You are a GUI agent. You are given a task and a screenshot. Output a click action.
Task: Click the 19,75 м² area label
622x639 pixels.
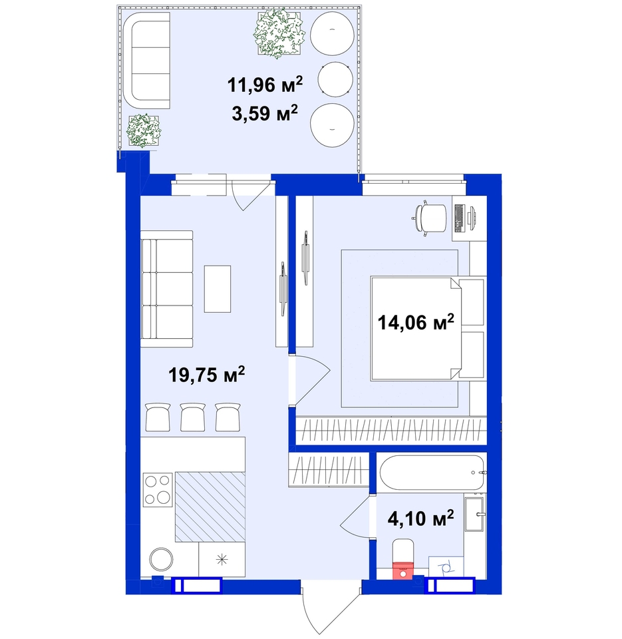[206, 375]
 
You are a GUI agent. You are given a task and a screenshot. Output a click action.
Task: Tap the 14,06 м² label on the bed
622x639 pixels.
[416, 322]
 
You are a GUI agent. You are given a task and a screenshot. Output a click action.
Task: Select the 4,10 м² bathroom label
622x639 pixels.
[421, 519]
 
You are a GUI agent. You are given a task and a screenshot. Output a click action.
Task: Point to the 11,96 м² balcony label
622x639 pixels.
[265, 85]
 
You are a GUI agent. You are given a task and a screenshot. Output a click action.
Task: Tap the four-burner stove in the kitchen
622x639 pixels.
[158, 489]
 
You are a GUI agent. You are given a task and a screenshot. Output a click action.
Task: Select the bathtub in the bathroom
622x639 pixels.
[432, 473]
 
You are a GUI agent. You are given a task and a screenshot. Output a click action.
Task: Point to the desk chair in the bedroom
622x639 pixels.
[429, 216]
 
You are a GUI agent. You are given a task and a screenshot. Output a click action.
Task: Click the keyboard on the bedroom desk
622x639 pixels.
[460, 218]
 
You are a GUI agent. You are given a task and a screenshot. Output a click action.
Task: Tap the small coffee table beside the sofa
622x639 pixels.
[218, 289]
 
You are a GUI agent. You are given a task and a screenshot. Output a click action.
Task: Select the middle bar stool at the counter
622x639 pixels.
[193, 417]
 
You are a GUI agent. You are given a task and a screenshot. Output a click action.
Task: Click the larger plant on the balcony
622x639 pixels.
[280, 33]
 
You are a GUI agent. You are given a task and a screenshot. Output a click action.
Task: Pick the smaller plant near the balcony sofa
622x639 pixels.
[144, 130]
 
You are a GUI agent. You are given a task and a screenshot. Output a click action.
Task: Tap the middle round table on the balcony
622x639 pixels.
[335, 79]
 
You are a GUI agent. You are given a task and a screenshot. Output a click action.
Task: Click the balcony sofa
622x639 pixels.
[146, 61]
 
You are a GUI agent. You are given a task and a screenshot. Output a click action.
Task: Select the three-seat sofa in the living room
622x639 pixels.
[166, 289]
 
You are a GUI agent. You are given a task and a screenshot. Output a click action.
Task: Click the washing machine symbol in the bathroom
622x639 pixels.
[446, 566]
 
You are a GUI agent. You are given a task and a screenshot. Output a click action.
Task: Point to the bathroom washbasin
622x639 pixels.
[475, 514]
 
